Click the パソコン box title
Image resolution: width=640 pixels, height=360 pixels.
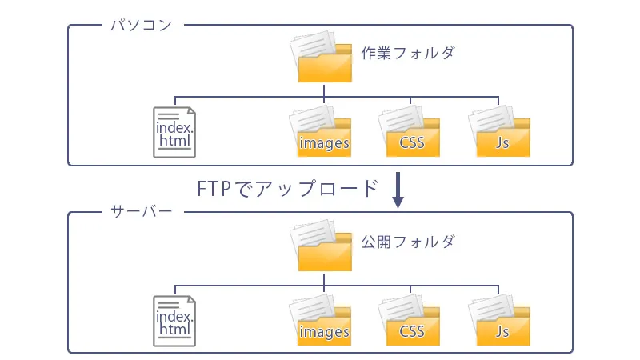(140, 25)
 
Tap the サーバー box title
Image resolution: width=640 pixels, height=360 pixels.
(140, 213)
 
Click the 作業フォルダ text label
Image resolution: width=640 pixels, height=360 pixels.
(407, 54)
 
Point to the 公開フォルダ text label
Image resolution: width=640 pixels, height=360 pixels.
(407, 242)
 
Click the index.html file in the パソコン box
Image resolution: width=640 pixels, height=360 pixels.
(174, 131)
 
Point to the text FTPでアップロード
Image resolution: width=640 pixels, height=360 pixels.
(287, 189)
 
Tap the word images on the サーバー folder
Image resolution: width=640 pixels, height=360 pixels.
(324, 332)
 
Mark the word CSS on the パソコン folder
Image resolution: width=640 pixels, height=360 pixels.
(411, 144)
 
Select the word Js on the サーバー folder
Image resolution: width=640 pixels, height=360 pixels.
(502, 332)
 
